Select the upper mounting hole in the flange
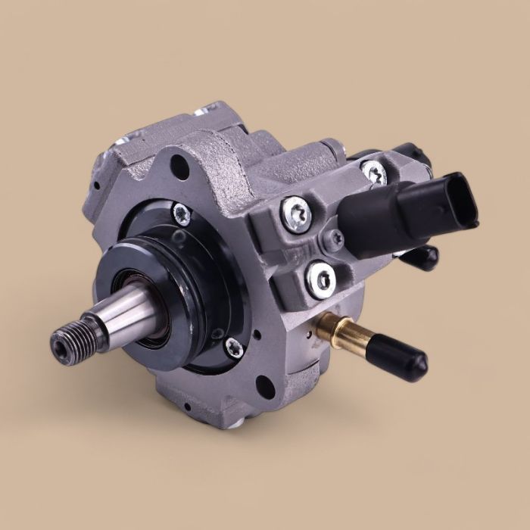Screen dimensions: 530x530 click(x=180, y=165)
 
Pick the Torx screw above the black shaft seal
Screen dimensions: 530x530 click(x=181, y=214)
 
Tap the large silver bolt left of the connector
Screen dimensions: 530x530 click(x=295, y=214)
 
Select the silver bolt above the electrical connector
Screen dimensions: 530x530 click(x=373, y=172)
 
